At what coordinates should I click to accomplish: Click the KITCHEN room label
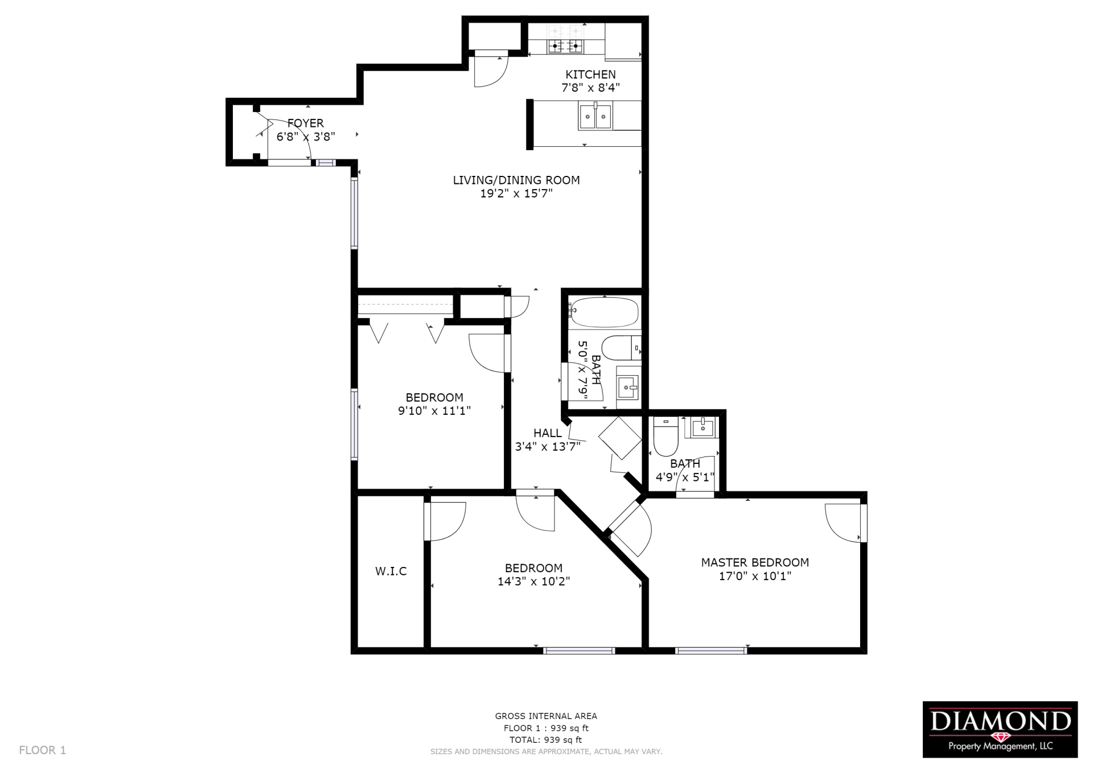pos(590,75)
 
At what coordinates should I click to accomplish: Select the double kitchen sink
pos(595,117)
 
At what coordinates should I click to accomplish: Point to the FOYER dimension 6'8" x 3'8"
pos(306,137)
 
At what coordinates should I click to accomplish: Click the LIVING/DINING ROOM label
pos(516,180)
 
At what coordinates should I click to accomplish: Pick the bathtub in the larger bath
pos(604,312)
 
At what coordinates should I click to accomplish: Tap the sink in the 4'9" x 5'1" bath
pos(703,427)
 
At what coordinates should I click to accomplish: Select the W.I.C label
pos(391,571)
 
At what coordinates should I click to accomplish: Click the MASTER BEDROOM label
pos(755,562)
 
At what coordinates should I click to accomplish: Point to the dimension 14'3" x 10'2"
pos(533,581)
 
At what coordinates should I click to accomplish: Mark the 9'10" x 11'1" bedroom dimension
pos(434,410)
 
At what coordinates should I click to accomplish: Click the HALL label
pos(548,433)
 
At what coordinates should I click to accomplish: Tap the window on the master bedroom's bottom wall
pos(711,650)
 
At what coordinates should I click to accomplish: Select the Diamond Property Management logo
pos(1000,729)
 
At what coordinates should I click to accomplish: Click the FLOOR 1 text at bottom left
pos(43,750)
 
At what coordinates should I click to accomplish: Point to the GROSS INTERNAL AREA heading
pos(546,716)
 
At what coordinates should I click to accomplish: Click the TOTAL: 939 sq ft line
pos(546,740)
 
